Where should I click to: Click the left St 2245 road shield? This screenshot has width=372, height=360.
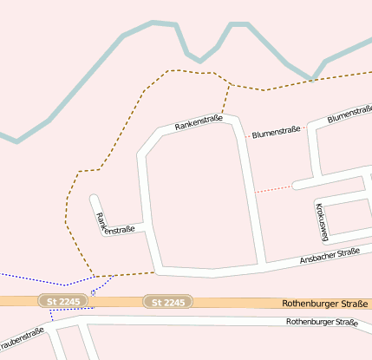tap(63, 301)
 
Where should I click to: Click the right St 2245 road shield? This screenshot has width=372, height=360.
tap(168, 302)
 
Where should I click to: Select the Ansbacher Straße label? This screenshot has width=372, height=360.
tap(330, 253)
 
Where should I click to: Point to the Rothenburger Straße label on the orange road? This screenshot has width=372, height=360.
tap(326, 304)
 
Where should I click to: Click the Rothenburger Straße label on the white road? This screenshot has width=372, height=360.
tap(322, 322)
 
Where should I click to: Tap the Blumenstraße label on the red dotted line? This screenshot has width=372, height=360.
tap(277, 133)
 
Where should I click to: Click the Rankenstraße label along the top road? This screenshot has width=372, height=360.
tap(199, 123)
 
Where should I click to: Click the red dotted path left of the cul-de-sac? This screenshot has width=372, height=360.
tap(274, 187)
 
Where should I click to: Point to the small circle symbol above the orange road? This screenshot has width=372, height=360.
tap(93, 291)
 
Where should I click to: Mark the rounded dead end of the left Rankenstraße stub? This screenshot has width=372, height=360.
tap(95, 200)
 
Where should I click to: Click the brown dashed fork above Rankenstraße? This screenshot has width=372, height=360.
tap(230, 85)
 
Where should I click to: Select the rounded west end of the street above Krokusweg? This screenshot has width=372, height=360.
tap(297, 185)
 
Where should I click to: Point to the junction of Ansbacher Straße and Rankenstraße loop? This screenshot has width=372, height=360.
tap(263, 264)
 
